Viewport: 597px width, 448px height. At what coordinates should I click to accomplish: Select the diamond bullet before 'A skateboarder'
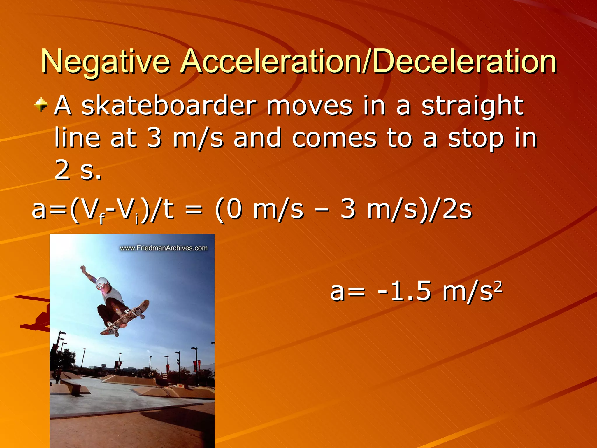pyautogui.click(x=41, y=104)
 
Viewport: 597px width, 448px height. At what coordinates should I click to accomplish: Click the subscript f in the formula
pyautogui.click(x=101, y=219)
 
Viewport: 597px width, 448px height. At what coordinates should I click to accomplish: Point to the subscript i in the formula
pyautogui.click(x=137, y=219)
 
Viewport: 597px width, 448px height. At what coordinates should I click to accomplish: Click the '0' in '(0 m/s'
pyautogui.click(x=234, y=209)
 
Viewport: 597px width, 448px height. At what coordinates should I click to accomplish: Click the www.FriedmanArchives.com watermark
pyautogui.click(x=164, y=248)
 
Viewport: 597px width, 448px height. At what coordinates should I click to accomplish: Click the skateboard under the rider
pyautogui.click(x=125, y=318)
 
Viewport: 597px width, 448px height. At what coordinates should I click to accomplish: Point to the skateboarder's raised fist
pyautogui.click(x=83, y=267)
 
